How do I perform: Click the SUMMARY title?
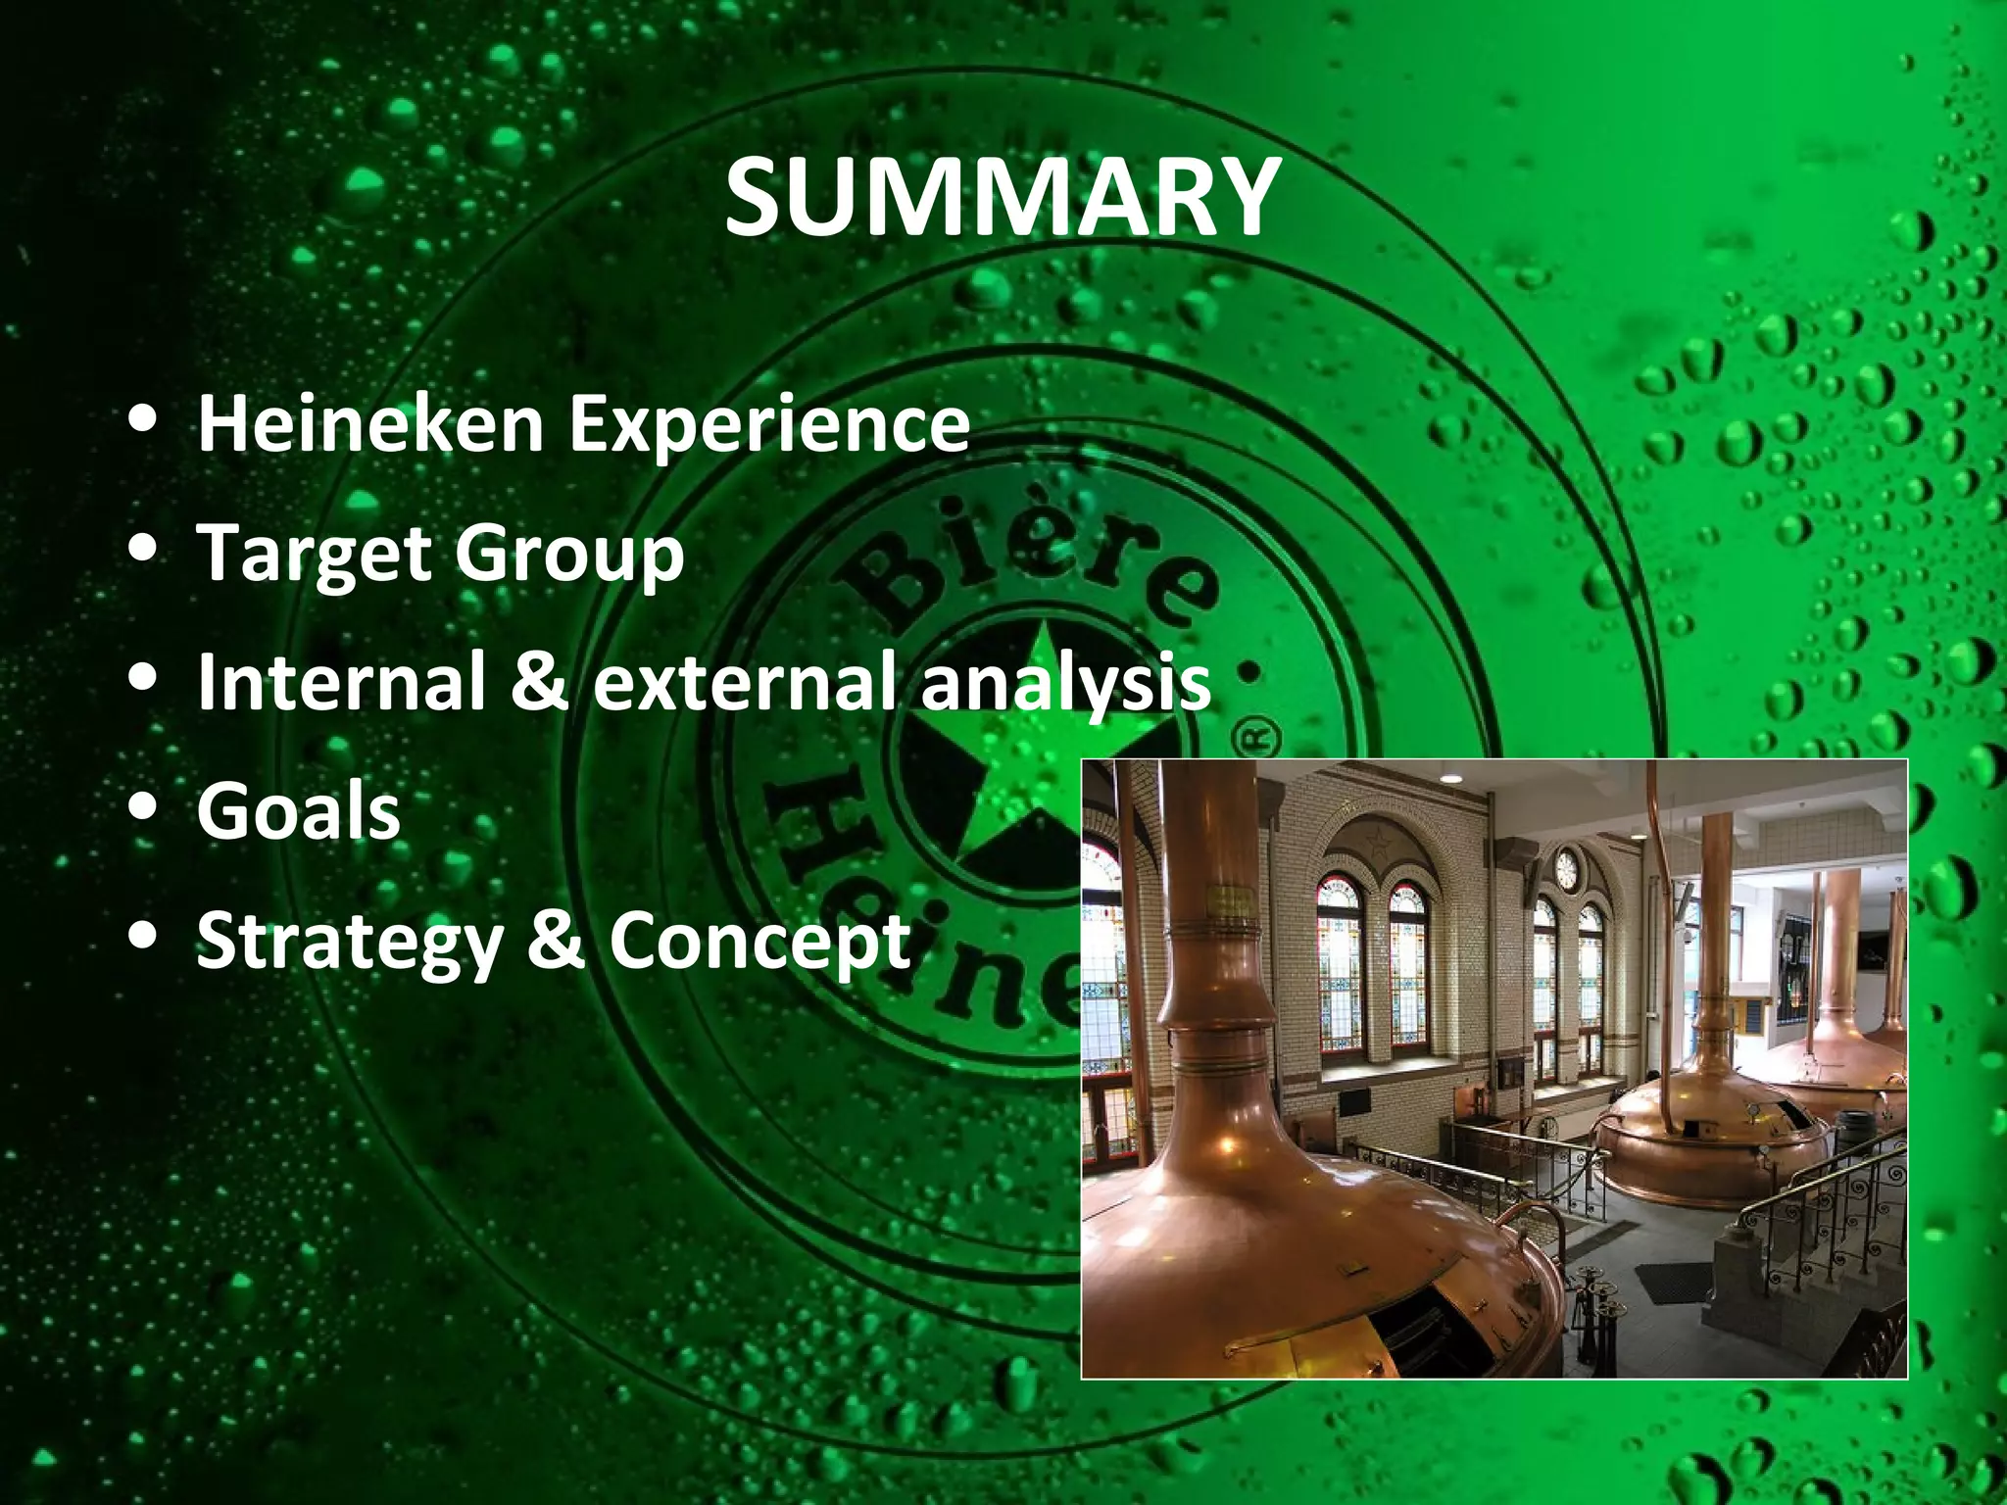[1003, 200]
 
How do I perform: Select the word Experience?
[770, 425]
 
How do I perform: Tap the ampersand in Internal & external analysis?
[538, 681]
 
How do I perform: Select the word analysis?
[1065, 681]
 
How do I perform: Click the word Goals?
[299, 811]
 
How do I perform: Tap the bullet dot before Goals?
[143, 809]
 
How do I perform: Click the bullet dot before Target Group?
[143, 551]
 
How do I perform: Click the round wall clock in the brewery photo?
[1566, 868]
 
